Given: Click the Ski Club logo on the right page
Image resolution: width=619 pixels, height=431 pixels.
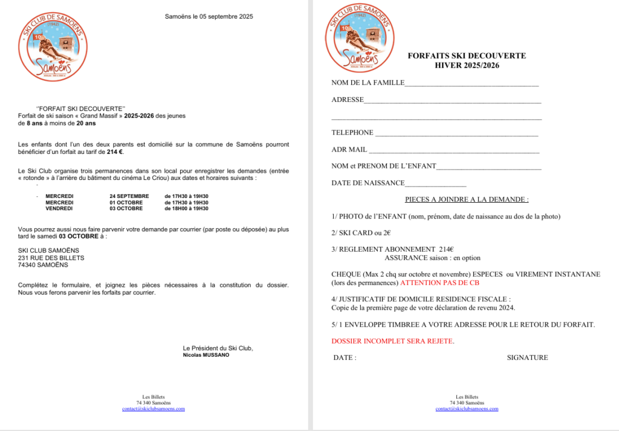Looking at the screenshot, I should pos(360,39).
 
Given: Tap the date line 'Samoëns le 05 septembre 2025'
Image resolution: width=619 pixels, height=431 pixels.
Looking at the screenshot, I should pos(209,16).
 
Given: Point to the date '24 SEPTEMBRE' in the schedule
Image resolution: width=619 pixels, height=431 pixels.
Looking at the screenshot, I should pos(129,196).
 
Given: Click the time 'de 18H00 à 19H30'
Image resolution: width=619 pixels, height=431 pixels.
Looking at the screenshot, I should pos(186,208).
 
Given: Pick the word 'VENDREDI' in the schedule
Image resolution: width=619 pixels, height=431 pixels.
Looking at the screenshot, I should pos(59,208).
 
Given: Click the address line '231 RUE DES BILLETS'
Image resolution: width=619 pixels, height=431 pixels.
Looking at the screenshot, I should pos(51,258).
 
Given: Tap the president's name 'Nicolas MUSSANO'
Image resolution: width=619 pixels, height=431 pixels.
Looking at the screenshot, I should pos(206,355).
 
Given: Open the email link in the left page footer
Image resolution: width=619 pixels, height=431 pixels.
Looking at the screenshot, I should pos(154,409).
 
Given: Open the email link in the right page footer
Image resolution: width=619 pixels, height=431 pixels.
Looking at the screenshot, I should pos(467,409).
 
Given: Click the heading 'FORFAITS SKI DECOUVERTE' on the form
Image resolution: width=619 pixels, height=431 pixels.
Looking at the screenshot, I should pos(467,56).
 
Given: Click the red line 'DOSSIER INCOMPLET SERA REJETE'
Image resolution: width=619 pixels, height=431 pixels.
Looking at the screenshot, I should pos(392,341).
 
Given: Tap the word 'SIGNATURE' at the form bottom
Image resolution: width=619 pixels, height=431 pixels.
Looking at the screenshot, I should pos(527,357).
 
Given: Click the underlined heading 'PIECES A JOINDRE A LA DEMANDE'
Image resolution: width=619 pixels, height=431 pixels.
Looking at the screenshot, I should pos(466,199).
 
